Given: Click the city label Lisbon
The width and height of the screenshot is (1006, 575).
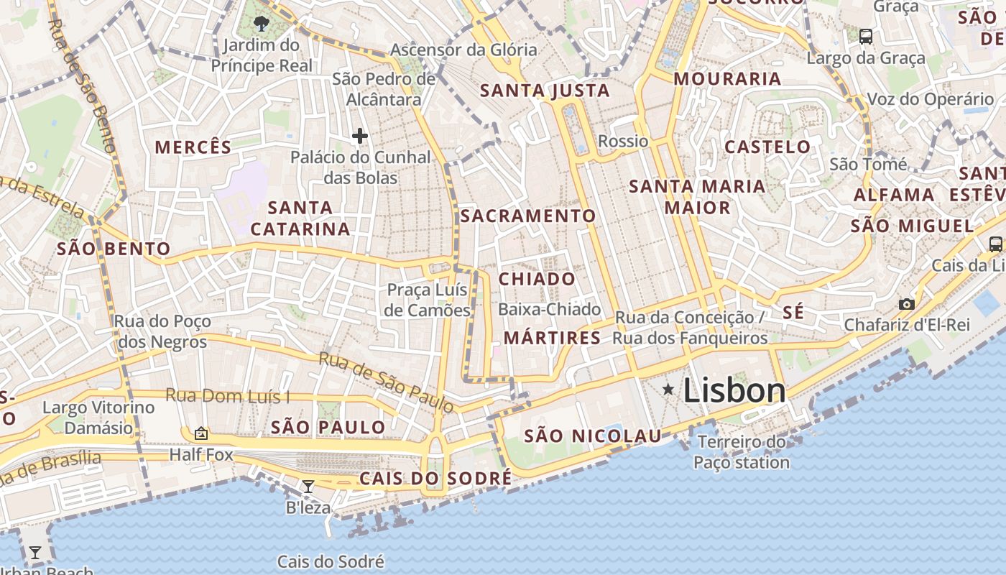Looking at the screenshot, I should pyautogui.click(x=734, y=390).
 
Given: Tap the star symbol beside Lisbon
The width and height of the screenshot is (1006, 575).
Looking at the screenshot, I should pyautogui.click(x=668, y=390).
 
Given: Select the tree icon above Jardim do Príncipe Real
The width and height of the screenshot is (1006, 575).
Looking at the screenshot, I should pyautogui.click(x=262, y=24).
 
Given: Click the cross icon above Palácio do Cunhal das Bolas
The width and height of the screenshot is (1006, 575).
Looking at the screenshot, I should pyautogui.click(x=360, y=135).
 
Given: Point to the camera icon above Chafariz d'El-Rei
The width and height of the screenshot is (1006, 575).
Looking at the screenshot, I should pyautogui.click(x=907, y=304).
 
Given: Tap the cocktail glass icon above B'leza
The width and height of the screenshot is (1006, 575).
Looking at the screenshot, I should pyautogui.click(x=308, y=487).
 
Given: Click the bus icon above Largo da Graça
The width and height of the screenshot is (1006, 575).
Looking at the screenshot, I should pyautogui.click(x=866, y=36).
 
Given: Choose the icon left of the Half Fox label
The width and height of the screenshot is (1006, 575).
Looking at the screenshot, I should pyautogui.click(x=201, y=433).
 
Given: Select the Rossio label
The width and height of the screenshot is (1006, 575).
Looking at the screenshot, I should pyautogui.click(x=623, y=141).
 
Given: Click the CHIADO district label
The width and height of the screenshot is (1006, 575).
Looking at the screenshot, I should pyautogui.click(x=537, y=279).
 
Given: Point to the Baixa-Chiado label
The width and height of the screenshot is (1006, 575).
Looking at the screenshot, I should pyautogui.click(x=550, y=310).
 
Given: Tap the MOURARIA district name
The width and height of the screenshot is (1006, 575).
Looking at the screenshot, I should pyautogui.click(x=727, y=79).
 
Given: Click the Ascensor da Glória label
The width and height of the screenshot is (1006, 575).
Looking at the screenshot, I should pyautogui.click(x=463, y=50).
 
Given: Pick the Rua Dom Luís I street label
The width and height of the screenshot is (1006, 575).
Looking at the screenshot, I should pyautogui.click(x=228, y=395).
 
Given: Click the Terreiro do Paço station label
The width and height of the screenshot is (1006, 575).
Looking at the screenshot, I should pyautogui.click(x=742, y=451).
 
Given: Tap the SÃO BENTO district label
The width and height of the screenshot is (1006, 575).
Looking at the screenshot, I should pyautogui.click(x=114, y=249).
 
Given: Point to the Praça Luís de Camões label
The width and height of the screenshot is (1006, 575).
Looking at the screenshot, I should pyautogui.click(x=428, y=300).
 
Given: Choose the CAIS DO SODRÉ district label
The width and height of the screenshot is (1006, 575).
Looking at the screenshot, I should pyautogui.click(x=435, y=479).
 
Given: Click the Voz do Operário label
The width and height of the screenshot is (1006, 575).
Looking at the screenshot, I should pyautogui.click(x=931, y=99).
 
